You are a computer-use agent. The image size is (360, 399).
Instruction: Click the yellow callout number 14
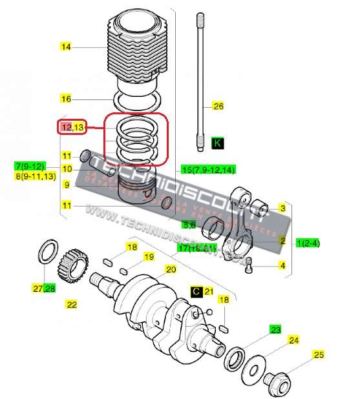click(66, 46)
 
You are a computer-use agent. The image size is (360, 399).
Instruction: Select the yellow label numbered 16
click(66, 99)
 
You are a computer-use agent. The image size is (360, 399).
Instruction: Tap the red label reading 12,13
click(73, 127)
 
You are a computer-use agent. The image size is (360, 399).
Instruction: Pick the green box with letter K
click(217, 143)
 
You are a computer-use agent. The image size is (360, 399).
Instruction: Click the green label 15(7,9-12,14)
click(208, 169)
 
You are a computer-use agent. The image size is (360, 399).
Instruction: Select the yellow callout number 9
click(66, 184)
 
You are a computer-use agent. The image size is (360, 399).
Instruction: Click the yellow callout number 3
click(282, 208)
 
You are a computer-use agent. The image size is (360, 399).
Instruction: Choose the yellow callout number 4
click(282, 265)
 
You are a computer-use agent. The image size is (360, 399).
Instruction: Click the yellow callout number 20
click(171, 269)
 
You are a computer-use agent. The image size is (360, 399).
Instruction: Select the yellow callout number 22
click(72, 304)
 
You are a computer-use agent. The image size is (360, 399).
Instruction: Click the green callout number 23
click(276, 329)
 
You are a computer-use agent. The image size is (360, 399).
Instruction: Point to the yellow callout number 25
click(318, 354)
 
